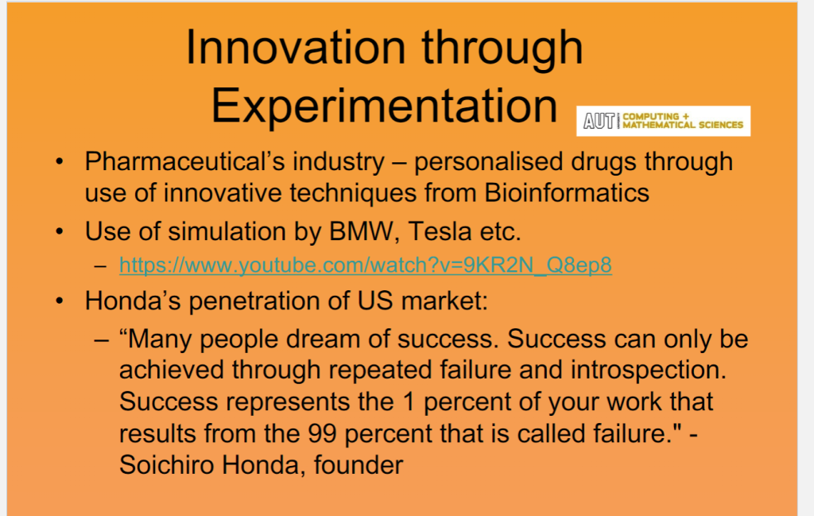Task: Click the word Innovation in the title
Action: point(296,47)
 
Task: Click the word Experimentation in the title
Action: point(384,107)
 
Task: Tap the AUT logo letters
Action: point(599,121)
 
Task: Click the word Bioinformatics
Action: point(566,192)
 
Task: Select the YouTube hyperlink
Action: point(366,266)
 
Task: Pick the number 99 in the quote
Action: point(322,433)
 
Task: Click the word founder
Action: point(359,464)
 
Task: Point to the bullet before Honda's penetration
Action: point(60,301)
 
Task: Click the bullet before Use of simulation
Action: point(60,231)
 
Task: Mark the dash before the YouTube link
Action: point(101,266)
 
